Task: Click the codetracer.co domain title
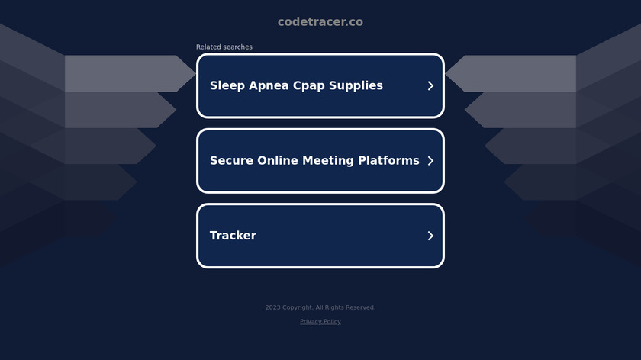(320, 21)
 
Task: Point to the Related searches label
(224, 47)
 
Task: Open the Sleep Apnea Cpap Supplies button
(320, 86)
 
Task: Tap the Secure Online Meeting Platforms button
(320, 161)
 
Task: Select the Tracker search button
(320, 236)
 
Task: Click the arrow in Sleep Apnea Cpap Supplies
(430, 86)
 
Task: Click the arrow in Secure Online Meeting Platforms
(430, 161)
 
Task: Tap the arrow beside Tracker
(430, 236)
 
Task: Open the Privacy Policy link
(320, 322)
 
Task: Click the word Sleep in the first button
(227, 86)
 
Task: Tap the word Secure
(231, 161)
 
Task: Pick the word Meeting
(328, 161)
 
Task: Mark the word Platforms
(388, 161)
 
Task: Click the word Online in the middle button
(278, 161)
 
